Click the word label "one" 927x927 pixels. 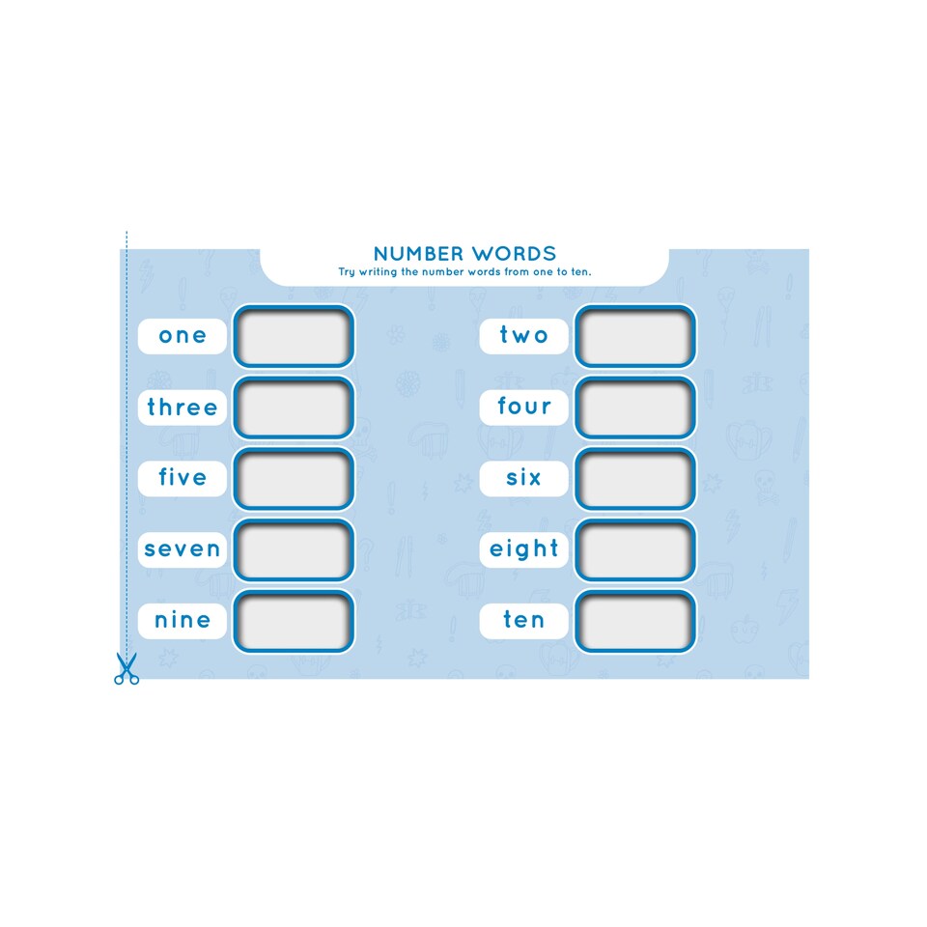click(x=183, y=336)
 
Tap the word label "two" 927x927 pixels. click(x=523, y=336)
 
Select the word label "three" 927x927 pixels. click(x=183, y=407)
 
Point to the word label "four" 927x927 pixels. click(x=523, y=407)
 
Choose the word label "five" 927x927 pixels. click(x=183, y=478)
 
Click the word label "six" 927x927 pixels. click(x=523, y=478)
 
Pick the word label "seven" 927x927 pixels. click(x=183, y=549)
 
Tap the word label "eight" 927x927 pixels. click(x=523, y=549)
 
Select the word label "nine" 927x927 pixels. click(x=183, y=621)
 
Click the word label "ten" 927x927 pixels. click(x=523, y=621)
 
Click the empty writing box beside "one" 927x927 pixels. click(x=294, y=336)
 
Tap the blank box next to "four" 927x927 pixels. click(x=635, y=407)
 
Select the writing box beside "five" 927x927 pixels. click(x=294, y=478)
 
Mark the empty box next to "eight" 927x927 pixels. click(x=635, y=549)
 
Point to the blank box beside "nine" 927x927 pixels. click(x=294, y=621)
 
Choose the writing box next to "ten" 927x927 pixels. click(x=635, y=621)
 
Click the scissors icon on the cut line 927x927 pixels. click(x=126, y=668)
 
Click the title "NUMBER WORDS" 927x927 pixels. click(x=464, y=254)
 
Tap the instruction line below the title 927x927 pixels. click(x=464, y=272)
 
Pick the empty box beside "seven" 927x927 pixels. click(x=294, y=549)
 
